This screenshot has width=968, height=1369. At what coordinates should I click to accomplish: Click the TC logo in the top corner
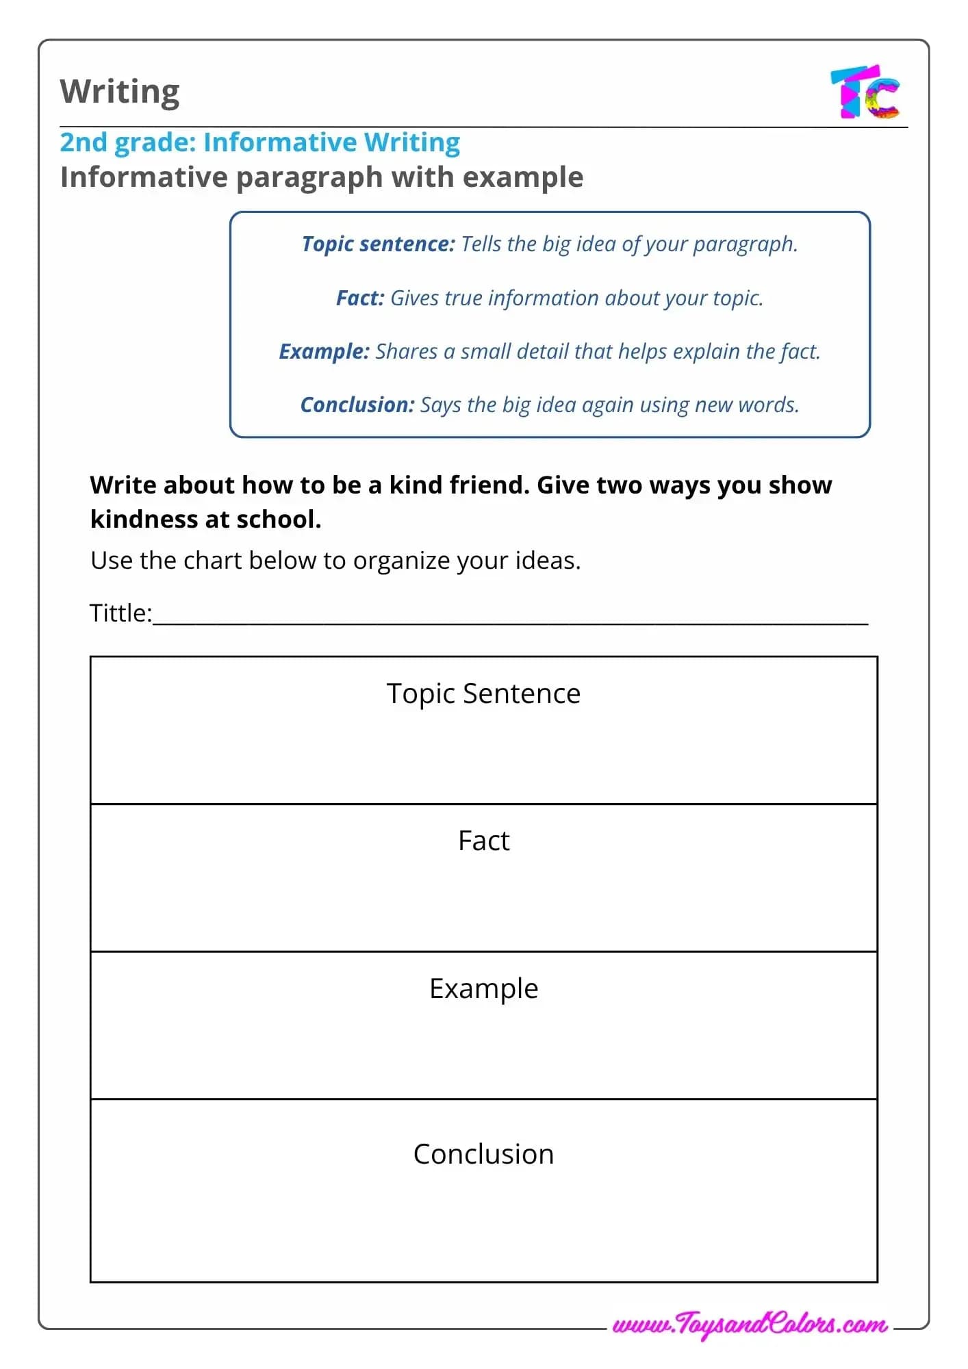[865, 92]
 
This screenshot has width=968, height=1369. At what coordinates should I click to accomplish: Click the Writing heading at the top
[120, 91]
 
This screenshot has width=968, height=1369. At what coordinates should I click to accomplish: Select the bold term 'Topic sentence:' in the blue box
[378, 244]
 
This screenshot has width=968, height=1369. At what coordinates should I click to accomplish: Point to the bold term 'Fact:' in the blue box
[360, 298]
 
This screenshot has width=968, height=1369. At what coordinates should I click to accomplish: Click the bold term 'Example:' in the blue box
[324, 352]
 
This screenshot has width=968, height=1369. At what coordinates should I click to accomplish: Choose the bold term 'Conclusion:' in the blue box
[357, 405]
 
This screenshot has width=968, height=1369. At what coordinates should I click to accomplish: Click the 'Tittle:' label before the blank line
[120, 613]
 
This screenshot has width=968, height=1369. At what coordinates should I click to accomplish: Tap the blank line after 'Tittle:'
[510, 619]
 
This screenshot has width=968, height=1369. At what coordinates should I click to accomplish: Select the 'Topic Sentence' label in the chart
[483, 693]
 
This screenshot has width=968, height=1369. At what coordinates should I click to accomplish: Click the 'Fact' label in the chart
[483, 841]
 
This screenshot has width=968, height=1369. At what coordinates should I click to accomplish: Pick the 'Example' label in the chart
[483, 989]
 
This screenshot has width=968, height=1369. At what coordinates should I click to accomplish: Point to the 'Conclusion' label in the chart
[483, 1154]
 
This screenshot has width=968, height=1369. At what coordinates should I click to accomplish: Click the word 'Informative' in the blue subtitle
[280, 142]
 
